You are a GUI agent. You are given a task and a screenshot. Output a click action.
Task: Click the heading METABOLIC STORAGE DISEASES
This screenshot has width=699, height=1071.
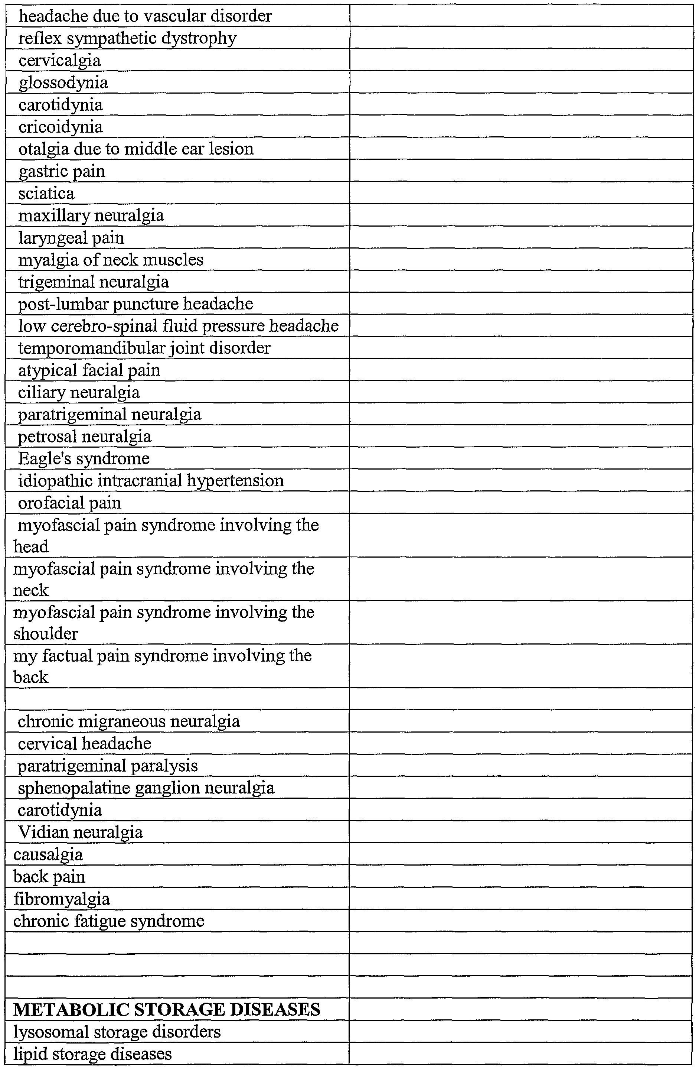pos(166,1009)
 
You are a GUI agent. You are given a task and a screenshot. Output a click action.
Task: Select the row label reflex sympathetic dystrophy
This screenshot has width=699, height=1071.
pos(127,38)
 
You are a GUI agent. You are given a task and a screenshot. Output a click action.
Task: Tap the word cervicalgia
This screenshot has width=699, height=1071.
pos(59,60)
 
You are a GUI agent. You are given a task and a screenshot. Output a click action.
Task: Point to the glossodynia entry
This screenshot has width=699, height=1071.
pos(63,83)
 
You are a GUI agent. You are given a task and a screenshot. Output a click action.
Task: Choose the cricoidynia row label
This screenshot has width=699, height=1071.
pos(61,127)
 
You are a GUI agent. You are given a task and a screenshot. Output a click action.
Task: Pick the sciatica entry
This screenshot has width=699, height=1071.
pos(46,194)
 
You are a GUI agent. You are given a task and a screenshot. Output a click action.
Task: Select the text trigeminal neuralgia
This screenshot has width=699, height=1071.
pos(94,282)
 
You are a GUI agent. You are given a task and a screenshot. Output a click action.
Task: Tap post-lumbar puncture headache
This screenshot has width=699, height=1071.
pos(135,304)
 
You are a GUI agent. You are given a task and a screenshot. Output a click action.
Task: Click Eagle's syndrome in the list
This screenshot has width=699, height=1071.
pos(84,458)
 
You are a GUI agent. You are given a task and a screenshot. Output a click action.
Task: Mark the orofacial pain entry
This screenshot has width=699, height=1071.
pos(70,503)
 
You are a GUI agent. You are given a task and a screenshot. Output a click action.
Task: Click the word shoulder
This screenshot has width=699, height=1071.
pos(45,634)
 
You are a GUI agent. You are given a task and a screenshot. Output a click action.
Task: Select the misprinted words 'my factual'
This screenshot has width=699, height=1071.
pos(55,656)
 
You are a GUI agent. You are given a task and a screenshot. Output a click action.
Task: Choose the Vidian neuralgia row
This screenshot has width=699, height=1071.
pos(80,832)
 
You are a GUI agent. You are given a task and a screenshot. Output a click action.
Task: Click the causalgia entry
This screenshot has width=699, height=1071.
pos(48,854)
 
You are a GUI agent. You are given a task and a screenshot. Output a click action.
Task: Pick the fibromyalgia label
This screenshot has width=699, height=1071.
pos(62,899)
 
